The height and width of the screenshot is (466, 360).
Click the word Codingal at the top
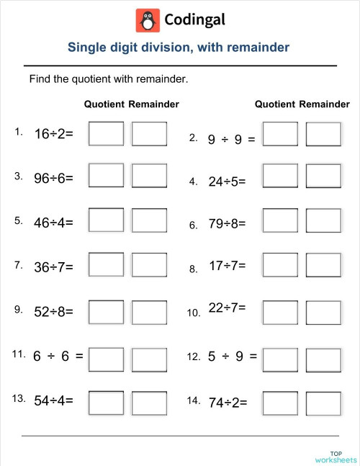point(194,20)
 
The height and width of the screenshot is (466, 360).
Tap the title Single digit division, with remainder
point(179,48)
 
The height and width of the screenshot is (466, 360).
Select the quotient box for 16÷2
point(106,134)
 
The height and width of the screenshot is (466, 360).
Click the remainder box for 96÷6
point(150,176)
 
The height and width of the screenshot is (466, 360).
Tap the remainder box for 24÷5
point(323,176)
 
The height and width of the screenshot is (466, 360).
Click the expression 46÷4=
point(54,223)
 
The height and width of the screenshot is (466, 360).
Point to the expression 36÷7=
point(54,267)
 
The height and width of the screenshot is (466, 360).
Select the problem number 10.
point(193,313)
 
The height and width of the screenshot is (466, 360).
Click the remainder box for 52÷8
point(150,313)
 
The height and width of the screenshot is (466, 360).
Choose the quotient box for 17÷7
point(280,267)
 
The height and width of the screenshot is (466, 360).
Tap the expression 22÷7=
point(228,308)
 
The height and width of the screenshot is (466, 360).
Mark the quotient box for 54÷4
point(106,403)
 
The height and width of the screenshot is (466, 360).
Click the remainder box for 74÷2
point(323,403)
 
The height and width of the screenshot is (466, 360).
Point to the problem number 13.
point(20,398)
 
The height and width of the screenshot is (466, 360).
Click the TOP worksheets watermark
point(336,456)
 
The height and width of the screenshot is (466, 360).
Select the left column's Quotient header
point(104,104)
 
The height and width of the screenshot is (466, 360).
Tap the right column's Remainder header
point(324,104)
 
